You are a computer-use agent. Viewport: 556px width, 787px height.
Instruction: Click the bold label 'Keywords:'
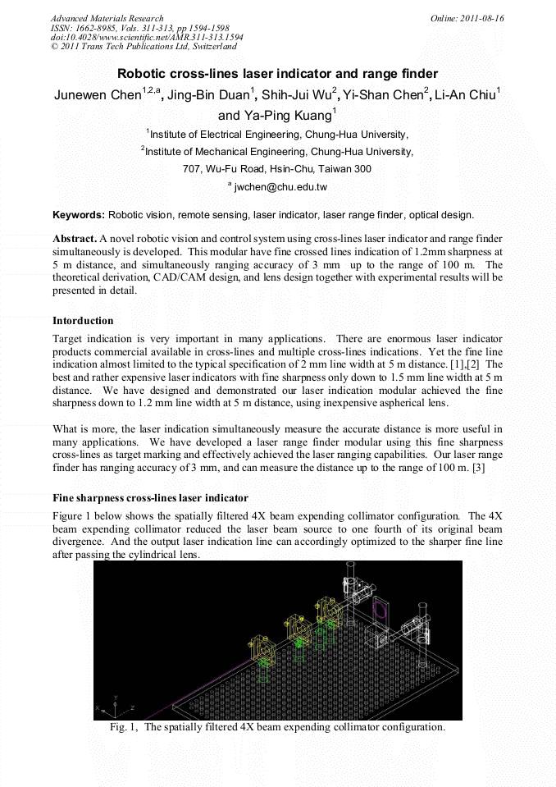79,215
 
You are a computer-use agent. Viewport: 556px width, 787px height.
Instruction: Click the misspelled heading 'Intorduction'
83,320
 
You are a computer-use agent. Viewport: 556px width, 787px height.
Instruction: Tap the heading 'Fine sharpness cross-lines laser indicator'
150,498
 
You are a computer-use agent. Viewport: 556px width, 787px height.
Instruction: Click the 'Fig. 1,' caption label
125,727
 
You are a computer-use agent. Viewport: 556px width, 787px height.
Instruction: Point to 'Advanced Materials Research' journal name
107,18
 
